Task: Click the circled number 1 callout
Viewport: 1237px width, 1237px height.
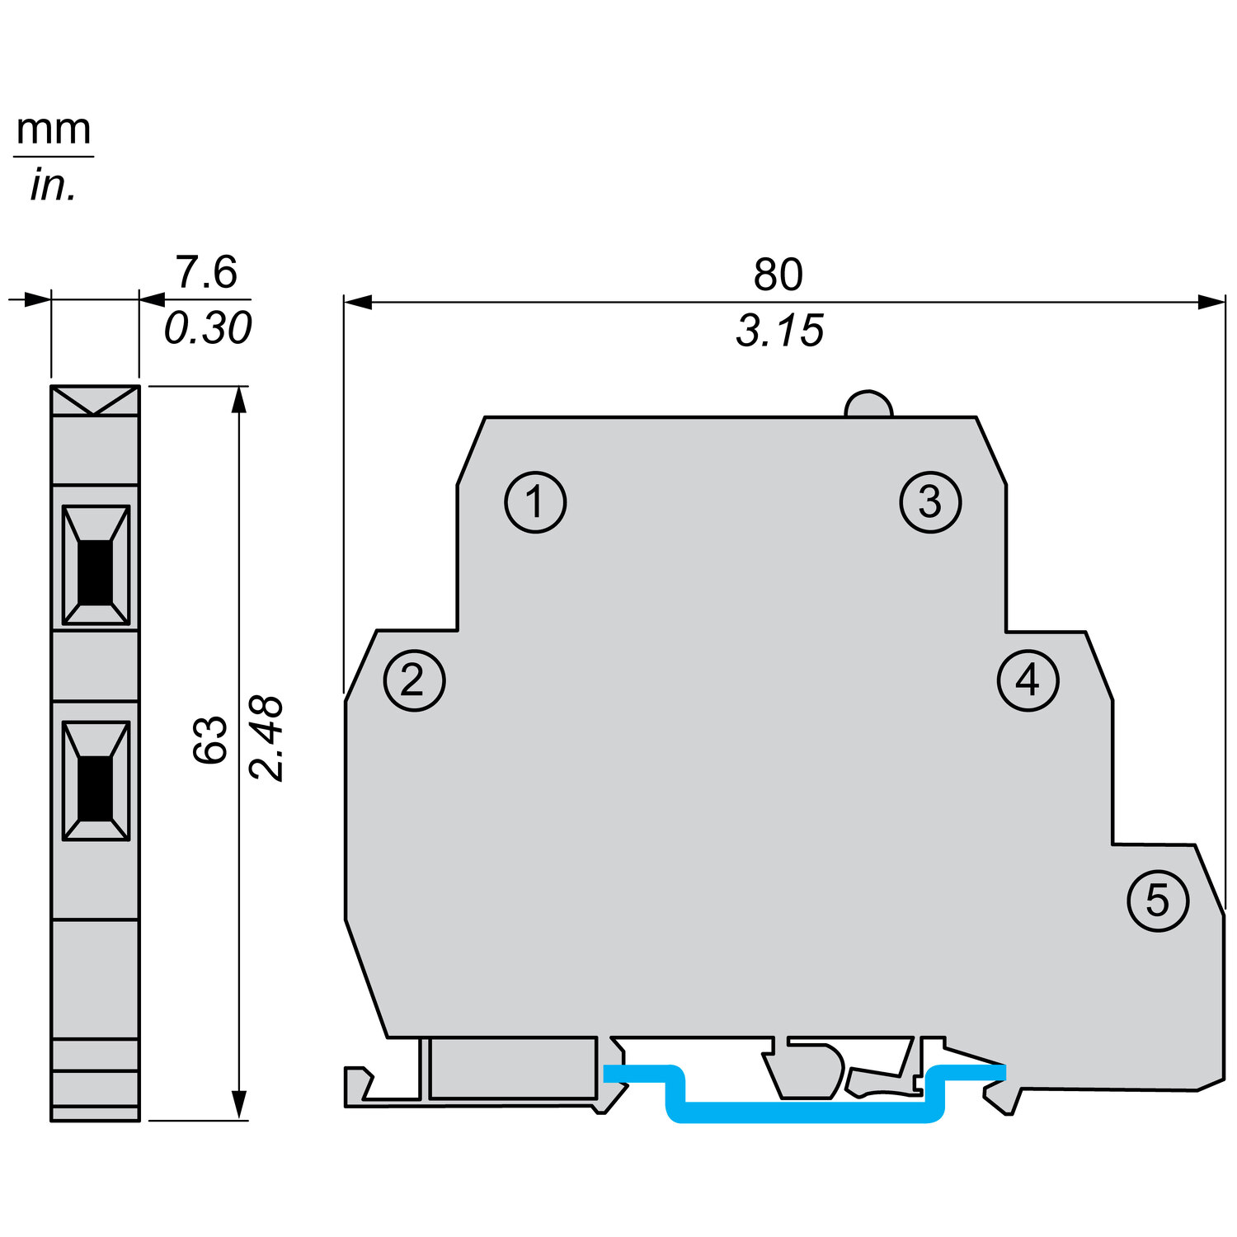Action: coord(535,502)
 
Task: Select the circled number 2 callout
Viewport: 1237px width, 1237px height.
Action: coord(414,681)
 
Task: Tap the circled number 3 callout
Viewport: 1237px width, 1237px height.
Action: coord(930,502)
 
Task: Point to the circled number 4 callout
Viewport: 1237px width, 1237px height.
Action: coord(1028,681)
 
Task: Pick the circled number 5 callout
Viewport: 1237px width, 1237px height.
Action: coord(1158,901)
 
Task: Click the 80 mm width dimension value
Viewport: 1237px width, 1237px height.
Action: coord(778,275)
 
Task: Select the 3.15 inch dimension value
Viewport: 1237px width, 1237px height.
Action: coord(779,331)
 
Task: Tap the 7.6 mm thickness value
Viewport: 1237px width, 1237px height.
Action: coord(206,272)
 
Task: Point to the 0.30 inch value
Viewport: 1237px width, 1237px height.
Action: coord(208,328)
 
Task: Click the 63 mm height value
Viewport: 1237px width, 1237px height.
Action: coord(210,740)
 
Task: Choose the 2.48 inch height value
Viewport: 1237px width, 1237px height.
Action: coord(267,738)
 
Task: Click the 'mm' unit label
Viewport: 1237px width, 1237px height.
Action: coord(54,129)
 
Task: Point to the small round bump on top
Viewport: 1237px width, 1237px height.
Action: coord(868,405)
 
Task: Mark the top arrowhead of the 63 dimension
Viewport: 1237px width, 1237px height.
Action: coord(239,397)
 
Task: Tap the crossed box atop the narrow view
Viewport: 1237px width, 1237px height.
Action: coord(95,401)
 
